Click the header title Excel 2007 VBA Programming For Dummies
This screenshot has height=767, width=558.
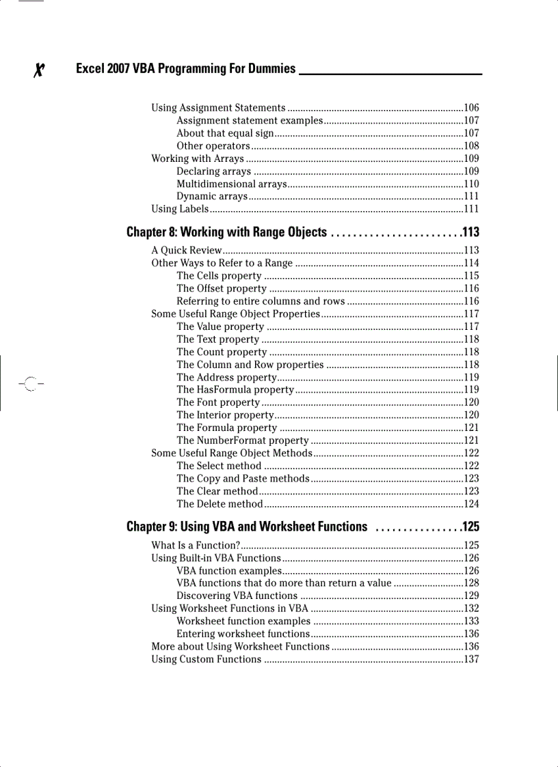click(185, 68)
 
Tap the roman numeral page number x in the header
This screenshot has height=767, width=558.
click(40, 70)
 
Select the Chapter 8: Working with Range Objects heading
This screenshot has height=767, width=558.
click(226, 232)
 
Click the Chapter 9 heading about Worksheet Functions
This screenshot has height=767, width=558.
click(247, 527)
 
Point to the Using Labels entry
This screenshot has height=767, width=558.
click(180, 209)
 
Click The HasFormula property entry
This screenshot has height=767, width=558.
click(235, 390)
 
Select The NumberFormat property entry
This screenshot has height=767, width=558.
click(242, 441)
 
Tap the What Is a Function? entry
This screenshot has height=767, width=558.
click(195, 545)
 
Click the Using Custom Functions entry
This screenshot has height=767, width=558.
click(206, 659)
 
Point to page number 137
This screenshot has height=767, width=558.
click(471, 659)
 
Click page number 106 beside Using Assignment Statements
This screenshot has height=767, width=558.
click(471, 108)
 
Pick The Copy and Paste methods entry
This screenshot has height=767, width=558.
click(243, 479)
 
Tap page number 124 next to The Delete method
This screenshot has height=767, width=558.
click(471, 504)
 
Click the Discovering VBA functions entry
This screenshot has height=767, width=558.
click(237, 596)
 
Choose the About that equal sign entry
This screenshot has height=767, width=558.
click(225, 133)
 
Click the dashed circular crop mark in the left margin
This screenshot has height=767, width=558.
click(29, 385)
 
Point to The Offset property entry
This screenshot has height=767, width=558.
click(221, 288)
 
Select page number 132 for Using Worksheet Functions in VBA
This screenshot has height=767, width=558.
click(471, 609)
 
